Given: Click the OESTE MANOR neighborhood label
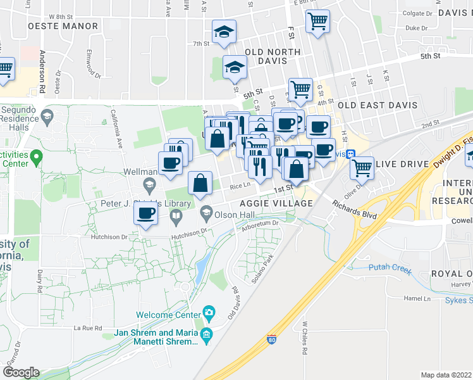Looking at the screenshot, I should [x=63, y=26].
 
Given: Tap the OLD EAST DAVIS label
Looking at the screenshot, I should [x=378, y=104].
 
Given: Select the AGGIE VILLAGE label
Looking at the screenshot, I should [x=276, y=203].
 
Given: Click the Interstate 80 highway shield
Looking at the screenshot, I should [x=271, y=339].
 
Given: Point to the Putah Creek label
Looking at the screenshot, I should [x=390, y=270].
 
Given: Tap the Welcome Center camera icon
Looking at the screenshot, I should [x=209, y=312].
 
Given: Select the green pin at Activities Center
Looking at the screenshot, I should [x=37, y=155].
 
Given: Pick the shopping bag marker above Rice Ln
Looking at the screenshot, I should [x=200, y=183].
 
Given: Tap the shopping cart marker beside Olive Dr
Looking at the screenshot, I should [x=362, y=168].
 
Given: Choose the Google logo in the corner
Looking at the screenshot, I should [x=21, y=372].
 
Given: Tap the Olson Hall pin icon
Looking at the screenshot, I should [x=206, y=212].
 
